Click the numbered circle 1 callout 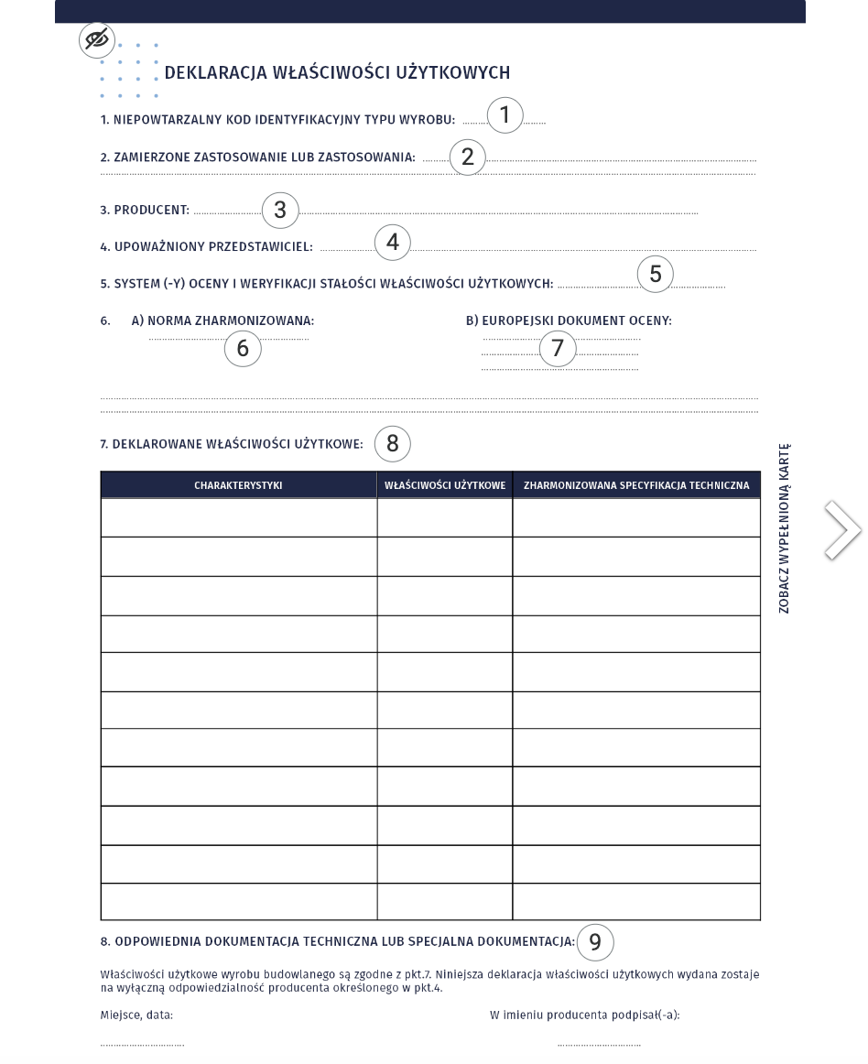505,115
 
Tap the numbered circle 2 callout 468,157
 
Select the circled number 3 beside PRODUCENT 280,210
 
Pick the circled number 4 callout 393,243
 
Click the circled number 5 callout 656,274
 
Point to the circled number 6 243,348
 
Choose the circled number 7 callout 558,348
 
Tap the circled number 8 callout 393,443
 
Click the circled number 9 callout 595,941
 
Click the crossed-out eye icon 96,40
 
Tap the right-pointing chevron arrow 842,529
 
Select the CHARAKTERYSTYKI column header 238,485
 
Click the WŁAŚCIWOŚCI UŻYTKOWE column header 445,485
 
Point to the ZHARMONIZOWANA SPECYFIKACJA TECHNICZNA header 636,485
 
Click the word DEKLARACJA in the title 216,73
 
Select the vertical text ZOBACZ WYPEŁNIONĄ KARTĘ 785,529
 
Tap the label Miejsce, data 136,1015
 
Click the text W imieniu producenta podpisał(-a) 585,1015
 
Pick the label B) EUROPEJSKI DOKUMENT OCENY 569,320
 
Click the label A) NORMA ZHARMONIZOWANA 222,320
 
